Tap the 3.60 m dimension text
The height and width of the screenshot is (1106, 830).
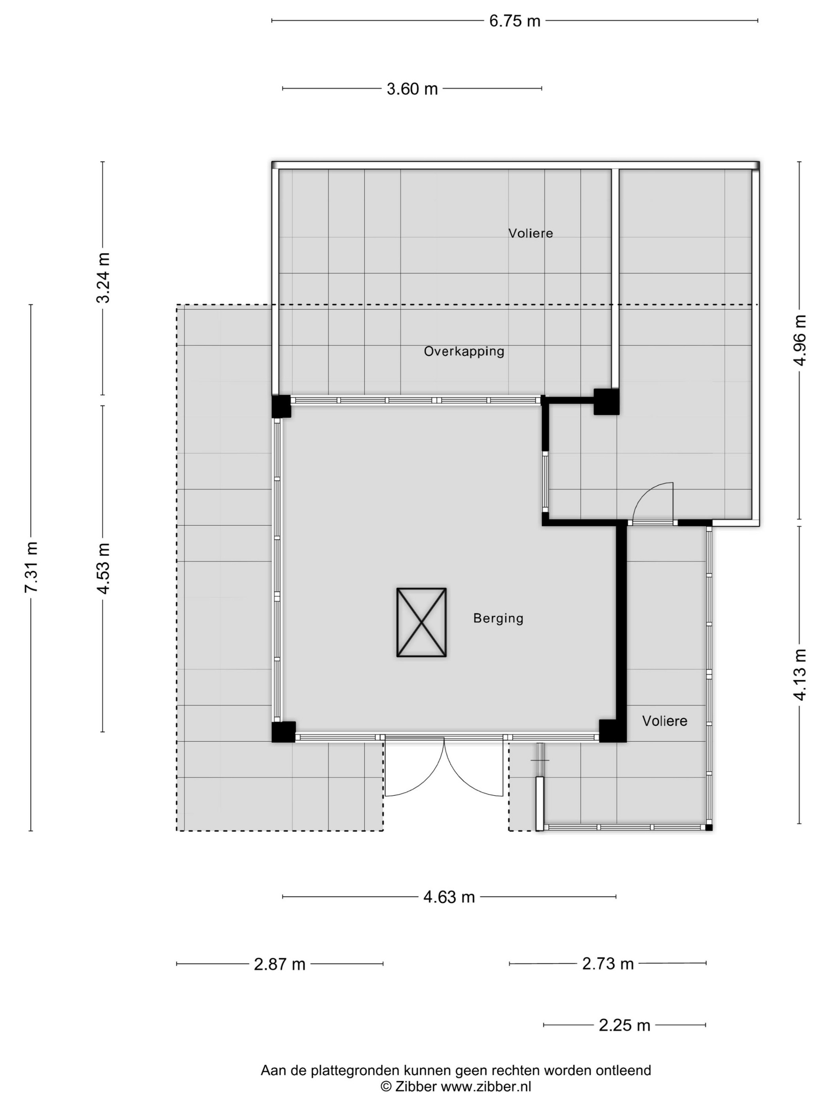[x=412, y=89]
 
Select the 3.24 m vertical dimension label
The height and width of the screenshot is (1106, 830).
[x=104, y=278]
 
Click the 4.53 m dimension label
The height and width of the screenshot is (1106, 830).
[x=104, y=568]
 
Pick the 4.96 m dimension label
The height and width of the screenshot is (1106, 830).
[x=800, y=340]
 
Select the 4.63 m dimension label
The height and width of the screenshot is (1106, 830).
[x=449, y=897]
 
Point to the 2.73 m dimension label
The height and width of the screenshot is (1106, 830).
[x=607, y=963]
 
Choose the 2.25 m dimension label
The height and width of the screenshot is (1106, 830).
[x=624, y=1025]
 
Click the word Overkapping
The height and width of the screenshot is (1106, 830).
[x=464, y=352]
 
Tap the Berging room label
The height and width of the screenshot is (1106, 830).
[x=498, y=619]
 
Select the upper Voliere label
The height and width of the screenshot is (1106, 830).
[x=531, y=233]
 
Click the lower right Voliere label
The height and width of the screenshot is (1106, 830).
[x=664, y=721]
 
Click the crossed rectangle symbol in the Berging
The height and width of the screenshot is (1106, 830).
[x=421, y=623]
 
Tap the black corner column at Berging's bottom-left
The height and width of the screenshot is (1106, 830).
[x=283, y=732]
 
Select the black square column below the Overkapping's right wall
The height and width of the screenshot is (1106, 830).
[x=606, y=401]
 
